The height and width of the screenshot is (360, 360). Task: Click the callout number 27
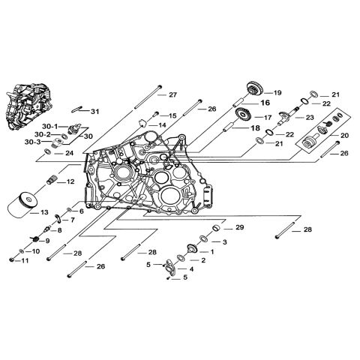click(x=172, y=94)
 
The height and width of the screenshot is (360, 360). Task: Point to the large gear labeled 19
click(x=253, y=90)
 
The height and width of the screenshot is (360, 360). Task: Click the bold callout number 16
click(x=265, y=102)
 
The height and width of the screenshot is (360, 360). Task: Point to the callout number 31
click(x=94, y=111)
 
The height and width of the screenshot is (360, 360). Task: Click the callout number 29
click(x=239, y=227)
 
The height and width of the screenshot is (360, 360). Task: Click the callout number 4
click(x=191, y=268)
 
